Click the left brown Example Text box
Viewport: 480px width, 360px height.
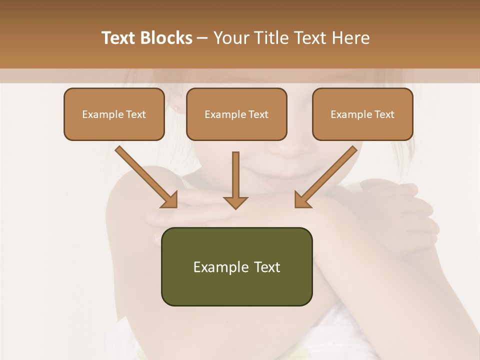(114, 114)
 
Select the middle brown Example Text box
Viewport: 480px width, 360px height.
(236, 114)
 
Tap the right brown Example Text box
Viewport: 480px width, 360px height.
(362, 114)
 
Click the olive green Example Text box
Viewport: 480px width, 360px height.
(236, 266)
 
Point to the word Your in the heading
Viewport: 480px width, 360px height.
(231, 38)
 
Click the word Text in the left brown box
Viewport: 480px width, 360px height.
(135, 114)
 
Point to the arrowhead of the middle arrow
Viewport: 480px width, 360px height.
(235, 202)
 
